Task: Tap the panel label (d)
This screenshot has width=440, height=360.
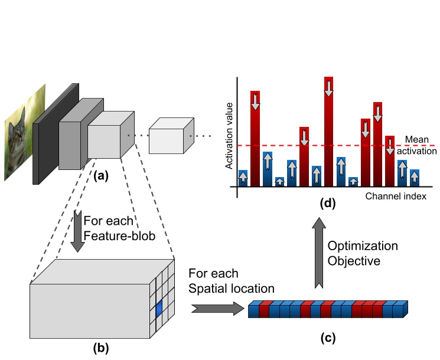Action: (327, 204)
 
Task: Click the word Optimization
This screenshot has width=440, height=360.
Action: (363, 245)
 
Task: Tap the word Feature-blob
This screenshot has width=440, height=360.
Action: (119, 237)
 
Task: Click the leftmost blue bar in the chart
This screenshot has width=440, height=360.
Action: (243, 178)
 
